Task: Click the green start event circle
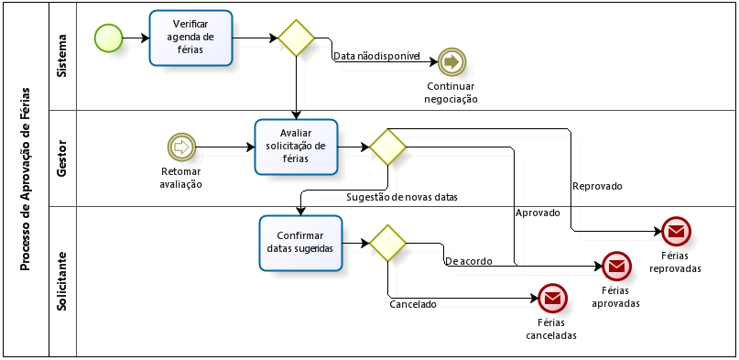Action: tap(108, 38)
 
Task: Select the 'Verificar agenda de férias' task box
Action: tap(191, 38)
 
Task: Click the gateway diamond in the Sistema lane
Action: tap(297, 38)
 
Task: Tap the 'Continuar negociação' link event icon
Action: tap(451, 61)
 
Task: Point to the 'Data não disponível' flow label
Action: tap(375, 56)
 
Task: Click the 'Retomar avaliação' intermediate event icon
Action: tap(181, 147)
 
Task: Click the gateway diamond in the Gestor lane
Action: tap(387, 147)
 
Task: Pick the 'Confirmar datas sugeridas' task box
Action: tap(300, 244)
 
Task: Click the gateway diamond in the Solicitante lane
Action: tap(387, 244)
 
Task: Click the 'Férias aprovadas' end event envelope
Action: tap(615, 267)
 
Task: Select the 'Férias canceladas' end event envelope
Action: tap(551, 298)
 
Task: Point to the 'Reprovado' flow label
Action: tap(597, 186)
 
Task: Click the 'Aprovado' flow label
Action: tap(538, 213)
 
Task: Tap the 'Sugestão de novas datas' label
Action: tap(402, 197)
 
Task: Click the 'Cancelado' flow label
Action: tap(413, 304)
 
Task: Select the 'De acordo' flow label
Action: tap(468, 261)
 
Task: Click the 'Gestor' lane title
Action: tap(61, 158)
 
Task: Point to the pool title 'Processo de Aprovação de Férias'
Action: tap(25, 180)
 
